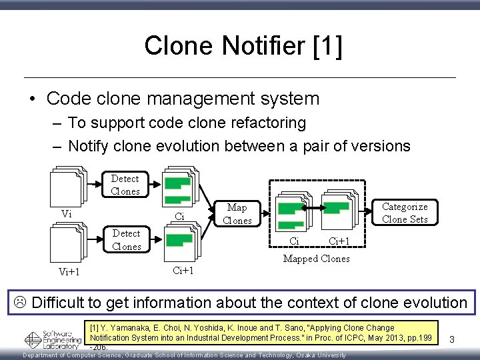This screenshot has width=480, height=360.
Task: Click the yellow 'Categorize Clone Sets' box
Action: coord(405,213)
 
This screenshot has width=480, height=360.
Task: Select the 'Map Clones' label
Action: coord(237,214)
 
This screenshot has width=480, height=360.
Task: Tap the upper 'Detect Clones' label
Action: coord(125,185)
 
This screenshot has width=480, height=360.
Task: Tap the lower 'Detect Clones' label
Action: coord(126,240)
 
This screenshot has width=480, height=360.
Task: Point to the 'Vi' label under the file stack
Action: coord(67,213)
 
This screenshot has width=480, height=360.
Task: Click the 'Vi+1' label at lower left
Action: coord(69,271)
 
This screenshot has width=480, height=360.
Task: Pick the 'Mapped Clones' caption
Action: coord(316,259)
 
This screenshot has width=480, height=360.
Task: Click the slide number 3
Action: coord(451,340)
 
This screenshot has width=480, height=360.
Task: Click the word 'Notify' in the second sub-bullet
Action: coord(89,145)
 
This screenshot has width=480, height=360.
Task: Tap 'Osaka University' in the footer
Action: coord(314,355)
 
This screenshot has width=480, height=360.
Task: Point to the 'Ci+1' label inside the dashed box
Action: coord(340,241)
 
